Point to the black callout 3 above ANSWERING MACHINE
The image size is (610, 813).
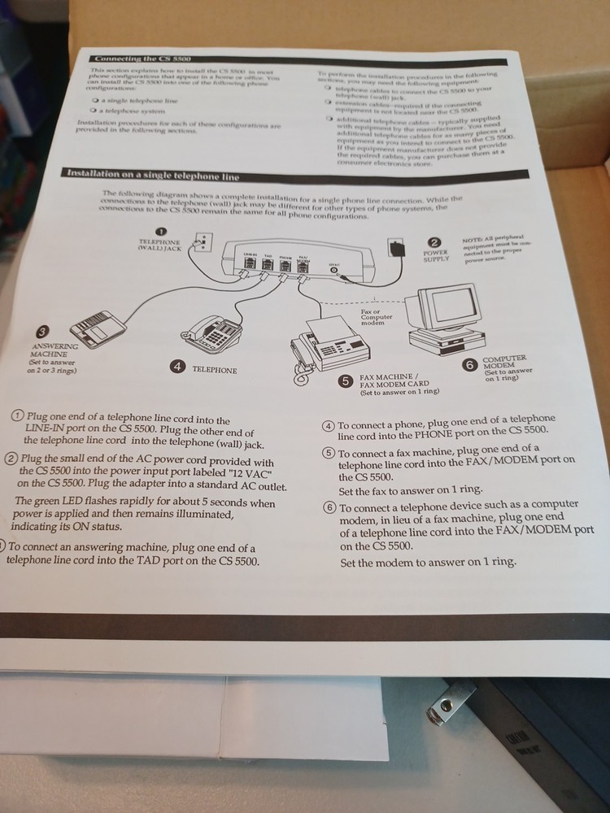[x=42, y=331]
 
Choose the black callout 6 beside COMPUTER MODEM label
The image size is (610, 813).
[x=469, y=365]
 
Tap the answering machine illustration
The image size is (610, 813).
[x=98, y=328]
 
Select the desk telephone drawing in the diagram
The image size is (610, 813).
[x=208, y=333]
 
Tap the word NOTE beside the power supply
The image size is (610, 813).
[x=471, y=239]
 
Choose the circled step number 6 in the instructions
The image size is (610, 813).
[x=329, y=506]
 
